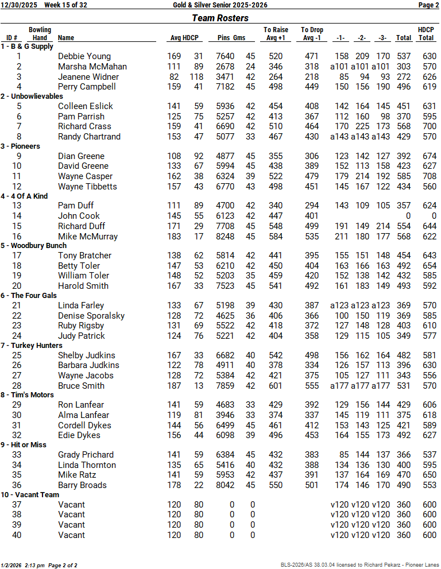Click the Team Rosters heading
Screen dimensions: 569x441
pos(220,18)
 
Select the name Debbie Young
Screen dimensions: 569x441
pos(84,56)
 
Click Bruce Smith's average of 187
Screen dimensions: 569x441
pos(173,386)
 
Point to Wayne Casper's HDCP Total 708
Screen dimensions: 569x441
pos(429,176)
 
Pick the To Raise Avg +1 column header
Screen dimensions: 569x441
pos(276,34)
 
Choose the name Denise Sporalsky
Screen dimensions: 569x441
pos(91,316)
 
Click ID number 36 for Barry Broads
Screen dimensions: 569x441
pos(19,485)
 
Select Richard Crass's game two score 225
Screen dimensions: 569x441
pos(362,126)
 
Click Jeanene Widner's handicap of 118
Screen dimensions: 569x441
pos(196,77)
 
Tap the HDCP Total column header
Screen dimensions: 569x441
pos(425,34)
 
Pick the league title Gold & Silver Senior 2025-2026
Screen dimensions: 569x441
pos(220,5)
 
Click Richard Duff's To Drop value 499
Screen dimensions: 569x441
pos(312,226)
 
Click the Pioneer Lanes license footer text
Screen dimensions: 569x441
pos(359,565)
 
